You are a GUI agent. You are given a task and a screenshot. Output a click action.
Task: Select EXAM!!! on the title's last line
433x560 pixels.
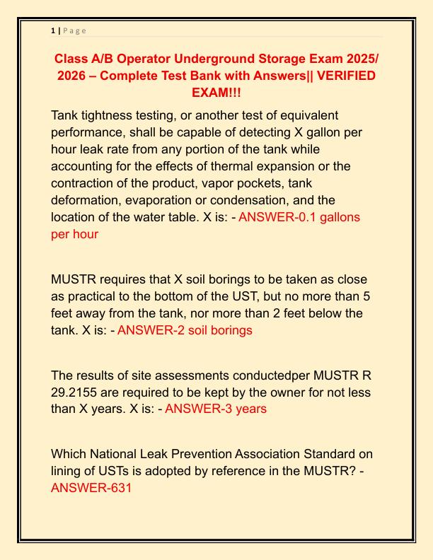coord(216,93)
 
